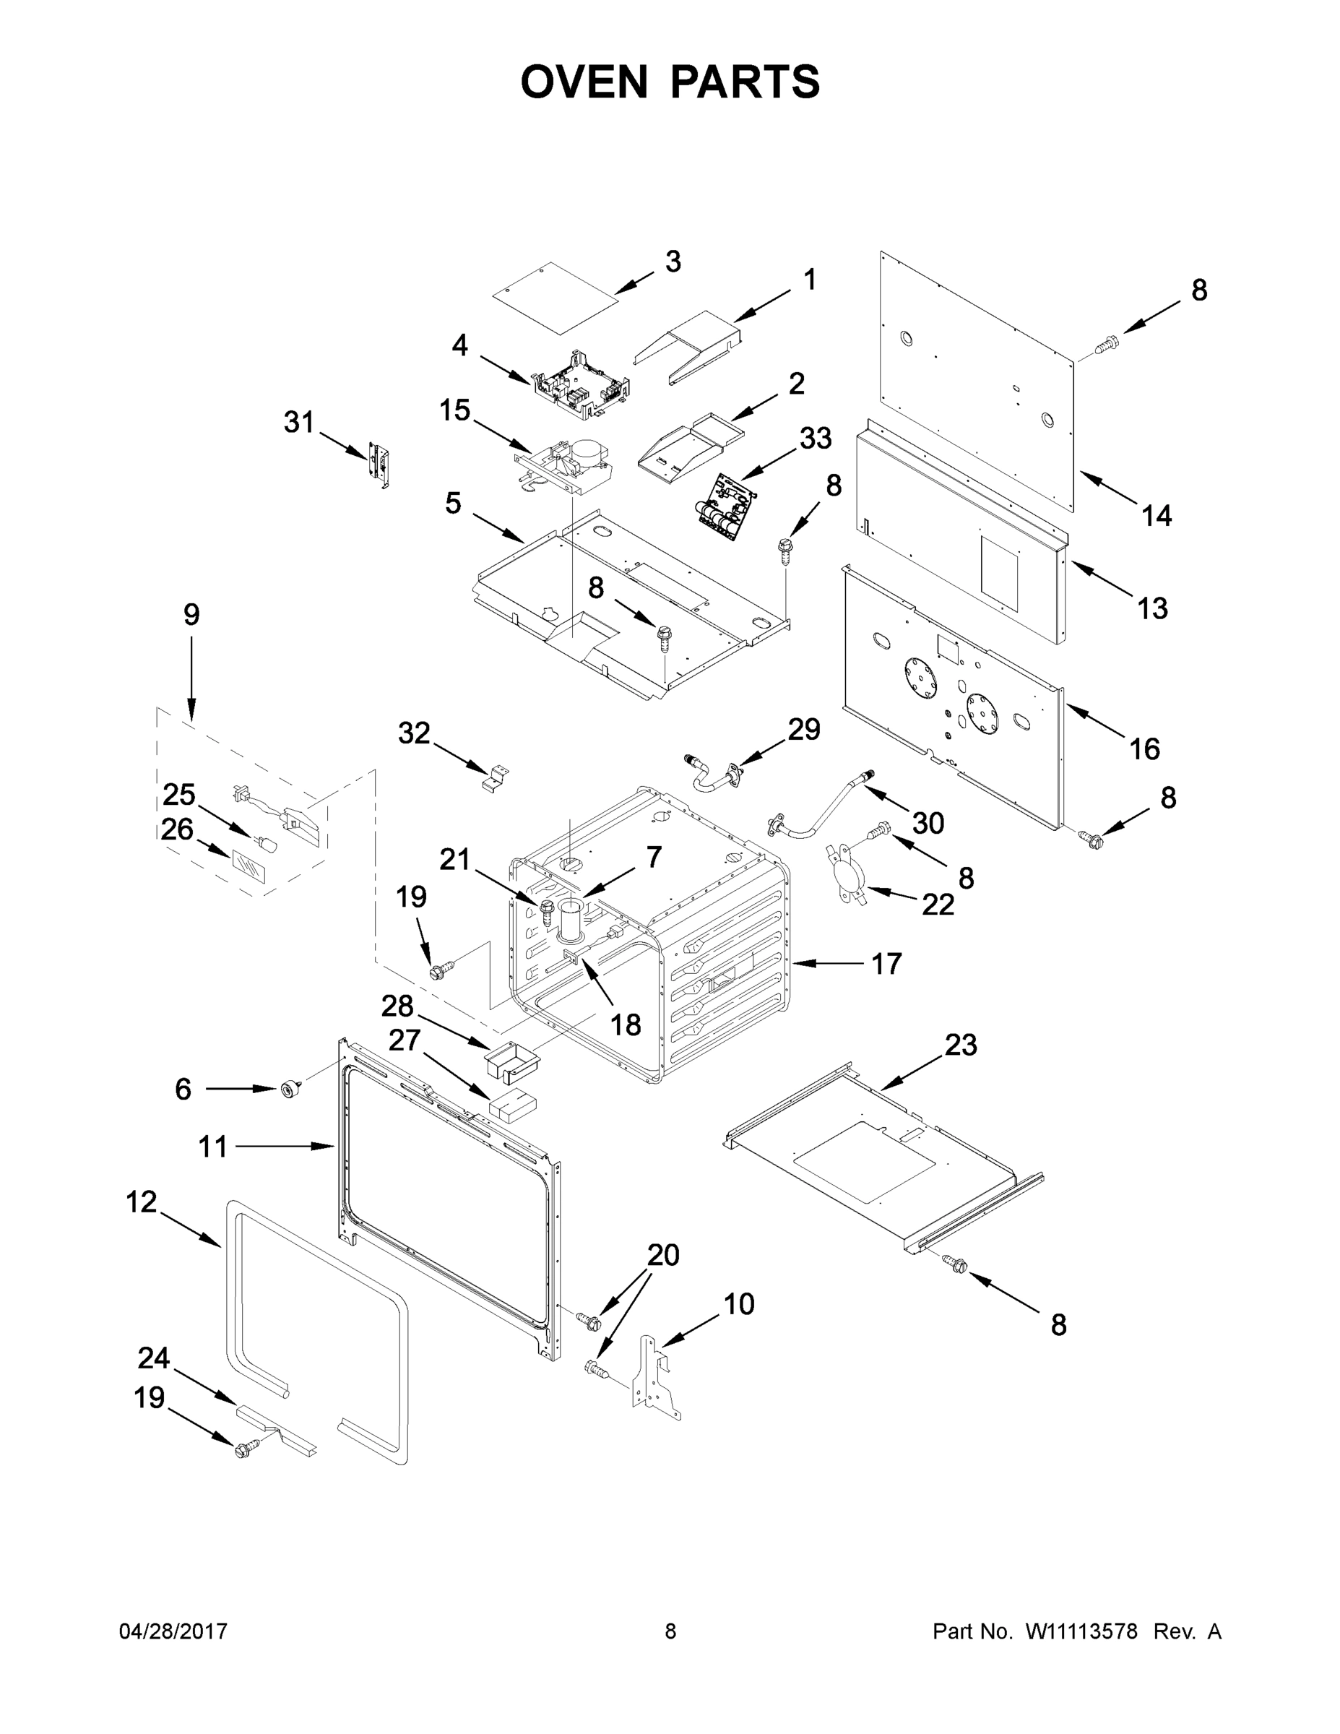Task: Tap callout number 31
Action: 299,422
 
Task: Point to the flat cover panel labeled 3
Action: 555,298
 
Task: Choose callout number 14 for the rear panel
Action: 1156,516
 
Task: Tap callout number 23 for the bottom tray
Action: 961,1045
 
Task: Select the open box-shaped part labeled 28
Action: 513,1059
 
